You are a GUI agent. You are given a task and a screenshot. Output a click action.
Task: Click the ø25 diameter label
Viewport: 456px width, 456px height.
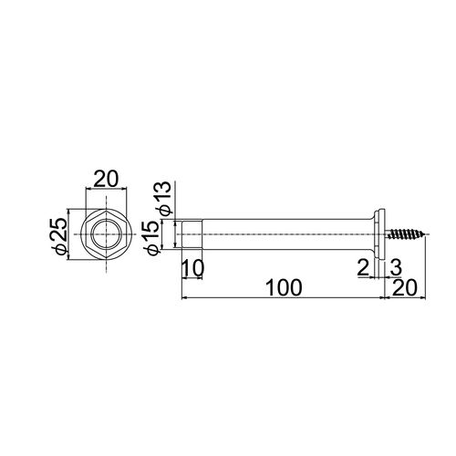pos(59,234)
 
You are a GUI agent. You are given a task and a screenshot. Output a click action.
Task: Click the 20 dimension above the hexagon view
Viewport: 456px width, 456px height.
pos(106,180)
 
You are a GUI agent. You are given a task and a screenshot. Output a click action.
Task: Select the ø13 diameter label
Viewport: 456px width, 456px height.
pos(161,198)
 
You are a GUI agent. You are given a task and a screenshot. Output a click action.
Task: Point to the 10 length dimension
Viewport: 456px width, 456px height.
pos(192,268)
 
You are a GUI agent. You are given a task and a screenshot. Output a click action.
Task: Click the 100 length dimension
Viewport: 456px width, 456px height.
pos(285,287)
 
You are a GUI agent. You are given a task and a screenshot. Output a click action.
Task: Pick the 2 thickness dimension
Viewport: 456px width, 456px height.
pos(363,268)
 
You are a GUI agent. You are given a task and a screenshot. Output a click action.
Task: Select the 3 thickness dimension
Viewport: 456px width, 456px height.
pos(396,268)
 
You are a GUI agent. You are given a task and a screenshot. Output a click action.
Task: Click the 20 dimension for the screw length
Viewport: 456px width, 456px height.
pos(405,287)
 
